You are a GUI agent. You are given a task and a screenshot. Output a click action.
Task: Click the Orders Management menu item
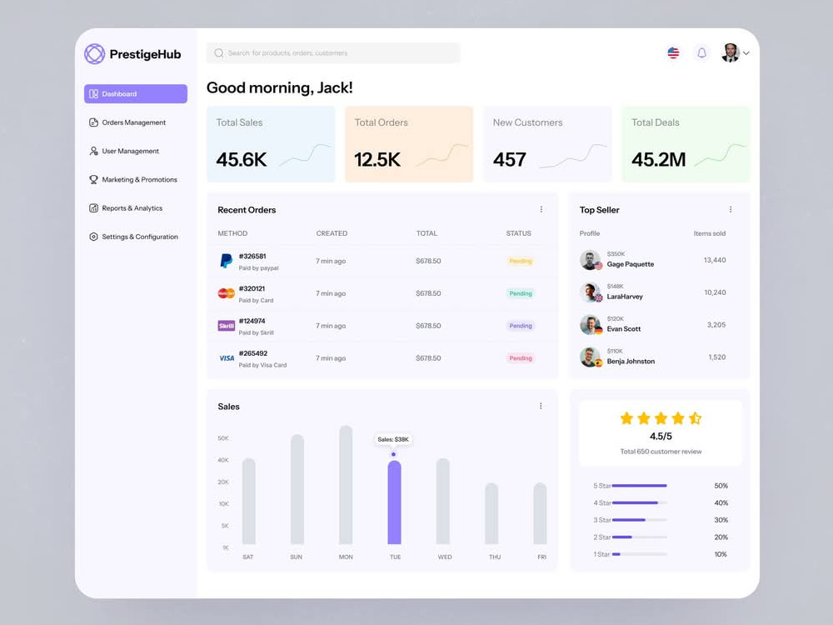(x=133, y=122)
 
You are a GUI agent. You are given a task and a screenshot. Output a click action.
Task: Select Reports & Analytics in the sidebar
(x=132, y=208)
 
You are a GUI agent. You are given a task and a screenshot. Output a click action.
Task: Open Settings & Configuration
(x=139, y=237)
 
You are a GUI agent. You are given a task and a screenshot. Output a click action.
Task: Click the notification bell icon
(x=701, y=53)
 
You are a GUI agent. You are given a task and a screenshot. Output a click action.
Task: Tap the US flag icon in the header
(x=673, y=53)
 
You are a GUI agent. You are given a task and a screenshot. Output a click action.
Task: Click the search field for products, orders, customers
(x=333, y=53)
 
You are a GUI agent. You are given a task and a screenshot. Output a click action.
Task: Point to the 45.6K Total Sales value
(x=242, y=159)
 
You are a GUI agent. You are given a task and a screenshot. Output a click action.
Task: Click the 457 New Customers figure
(x=510, y=159)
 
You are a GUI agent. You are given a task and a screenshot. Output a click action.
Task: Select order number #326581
(x=252, y=256)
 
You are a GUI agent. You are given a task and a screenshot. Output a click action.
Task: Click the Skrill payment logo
(x=226, y=326)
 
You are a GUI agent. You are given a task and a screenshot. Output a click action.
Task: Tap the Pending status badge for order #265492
(x=521, y=358)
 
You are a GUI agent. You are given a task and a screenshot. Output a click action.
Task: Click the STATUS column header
(x=518, y=233)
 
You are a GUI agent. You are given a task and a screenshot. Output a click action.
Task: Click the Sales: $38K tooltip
(x=393, y=439)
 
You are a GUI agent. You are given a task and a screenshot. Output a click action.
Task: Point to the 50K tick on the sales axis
(x=223, y=438)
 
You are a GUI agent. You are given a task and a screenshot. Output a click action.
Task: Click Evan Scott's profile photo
(x=590, y=325)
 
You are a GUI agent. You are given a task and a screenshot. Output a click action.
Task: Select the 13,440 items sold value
(x=714, y=260)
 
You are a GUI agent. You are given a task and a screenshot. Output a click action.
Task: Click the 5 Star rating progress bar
(x=640, y=486)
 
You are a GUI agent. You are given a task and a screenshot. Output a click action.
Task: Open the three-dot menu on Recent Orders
(x=541, y=210)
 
